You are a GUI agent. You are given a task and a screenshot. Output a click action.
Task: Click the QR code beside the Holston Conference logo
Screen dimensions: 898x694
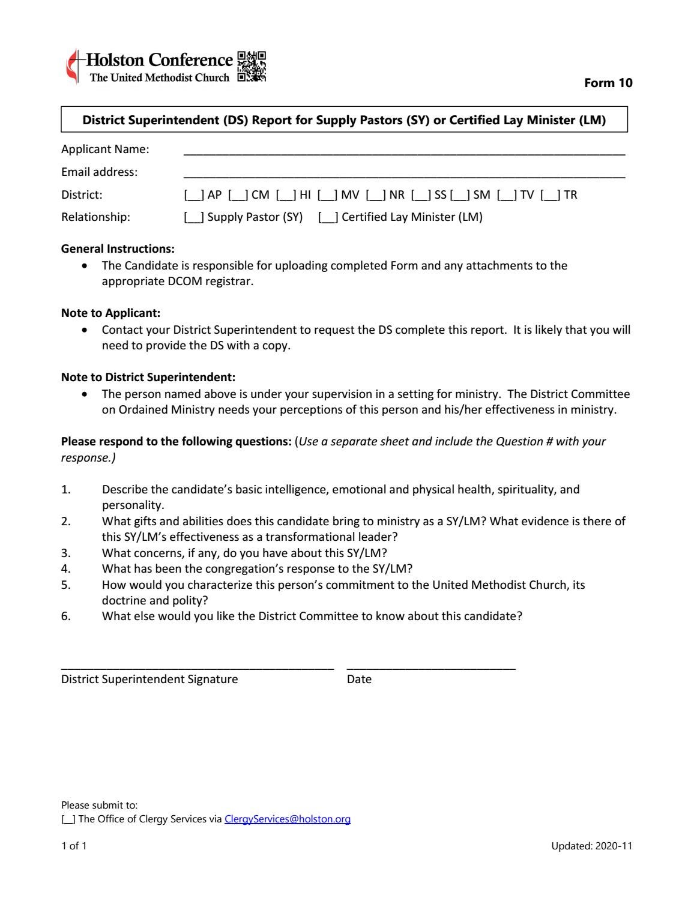click(252, 67)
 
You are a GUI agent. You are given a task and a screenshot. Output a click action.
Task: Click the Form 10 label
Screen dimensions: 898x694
click(608, 83)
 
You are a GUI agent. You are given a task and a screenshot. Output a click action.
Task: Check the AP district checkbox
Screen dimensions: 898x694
click(194, 195)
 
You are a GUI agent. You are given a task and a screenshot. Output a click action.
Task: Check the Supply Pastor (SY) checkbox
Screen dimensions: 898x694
click(194, 217)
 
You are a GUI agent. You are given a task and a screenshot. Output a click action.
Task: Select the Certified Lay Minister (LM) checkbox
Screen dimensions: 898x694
click(328, 217)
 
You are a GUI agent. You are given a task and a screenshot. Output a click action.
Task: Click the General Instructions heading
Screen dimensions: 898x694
click(118, 249)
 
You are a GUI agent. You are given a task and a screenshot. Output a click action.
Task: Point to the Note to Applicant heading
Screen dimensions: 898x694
click(110, 313)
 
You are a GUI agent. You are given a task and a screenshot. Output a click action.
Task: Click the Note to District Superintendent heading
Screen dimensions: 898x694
click(148, 377)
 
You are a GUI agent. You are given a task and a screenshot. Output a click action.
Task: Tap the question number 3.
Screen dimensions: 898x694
click(66, 553)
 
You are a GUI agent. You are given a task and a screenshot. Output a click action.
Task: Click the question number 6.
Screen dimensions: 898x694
click(66, 616)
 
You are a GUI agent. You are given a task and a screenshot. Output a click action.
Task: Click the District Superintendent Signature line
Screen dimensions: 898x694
click(197, 666)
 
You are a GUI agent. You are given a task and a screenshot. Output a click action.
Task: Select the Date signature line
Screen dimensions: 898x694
click(431, 666)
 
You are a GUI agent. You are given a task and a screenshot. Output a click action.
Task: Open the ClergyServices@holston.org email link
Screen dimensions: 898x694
click(288, 819)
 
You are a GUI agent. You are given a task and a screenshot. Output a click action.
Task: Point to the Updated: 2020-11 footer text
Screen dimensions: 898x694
click(591, 846)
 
